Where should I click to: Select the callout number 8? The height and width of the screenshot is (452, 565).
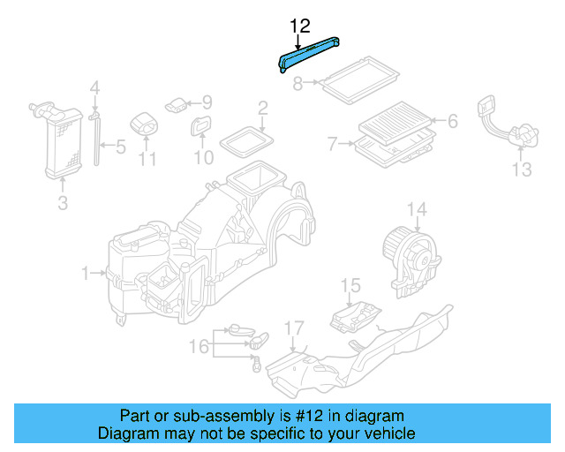click(298, 84)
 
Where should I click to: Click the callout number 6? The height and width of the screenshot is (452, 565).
click(452, 121)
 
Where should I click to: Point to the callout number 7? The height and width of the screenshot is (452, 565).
click(333, 143)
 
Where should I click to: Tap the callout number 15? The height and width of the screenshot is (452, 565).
click(351, 285)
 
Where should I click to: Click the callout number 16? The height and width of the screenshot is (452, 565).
click(200, 346)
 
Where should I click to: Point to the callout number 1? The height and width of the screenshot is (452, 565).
click(87, 275)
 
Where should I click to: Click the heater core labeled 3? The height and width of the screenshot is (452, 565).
click(59, 141)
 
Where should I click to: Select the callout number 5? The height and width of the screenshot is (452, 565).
click(120, 146)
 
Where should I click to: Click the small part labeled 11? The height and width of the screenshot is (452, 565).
click(144, 125)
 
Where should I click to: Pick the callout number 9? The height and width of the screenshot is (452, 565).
click(207, 102)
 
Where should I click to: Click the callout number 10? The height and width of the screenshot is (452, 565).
click(204, 158)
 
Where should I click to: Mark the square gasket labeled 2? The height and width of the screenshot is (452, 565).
click(246, 139)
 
